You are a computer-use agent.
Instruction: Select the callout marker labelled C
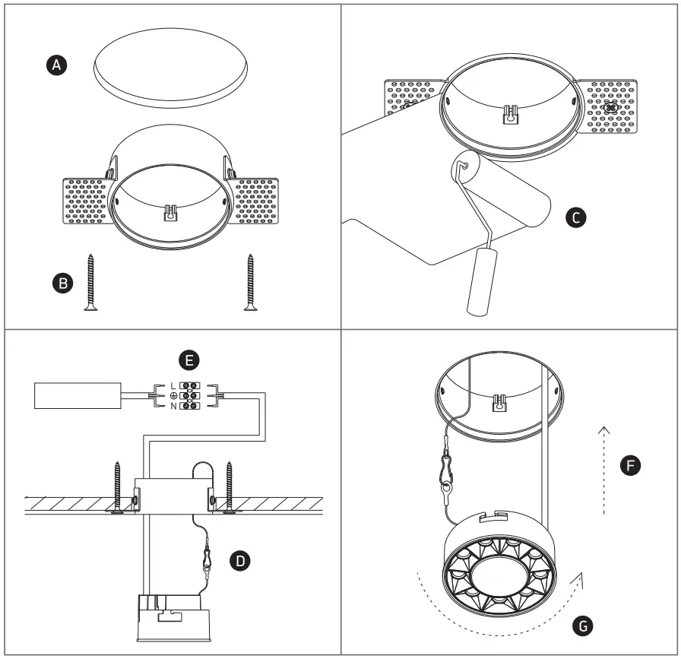tap(576, 218)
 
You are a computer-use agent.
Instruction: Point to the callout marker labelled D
tap(240, 561)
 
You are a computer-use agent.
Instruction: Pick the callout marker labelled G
tap(583, 626)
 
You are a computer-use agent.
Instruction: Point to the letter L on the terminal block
tap(173, 386)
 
